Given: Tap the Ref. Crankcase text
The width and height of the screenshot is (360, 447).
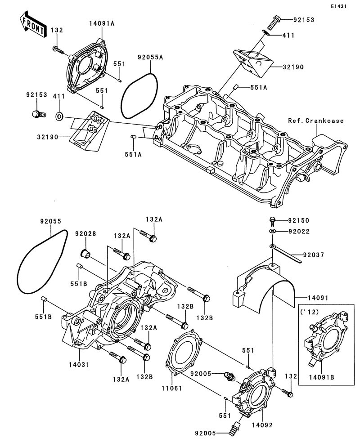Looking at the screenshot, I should tap(316, 121).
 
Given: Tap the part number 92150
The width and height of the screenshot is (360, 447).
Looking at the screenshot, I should tap(301, 221).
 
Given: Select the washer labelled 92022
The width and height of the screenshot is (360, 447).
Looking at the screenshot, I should tap(273, 231).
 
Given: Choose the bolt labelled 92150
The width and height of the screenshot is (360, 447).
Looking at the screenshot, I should tap(273, 220).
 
